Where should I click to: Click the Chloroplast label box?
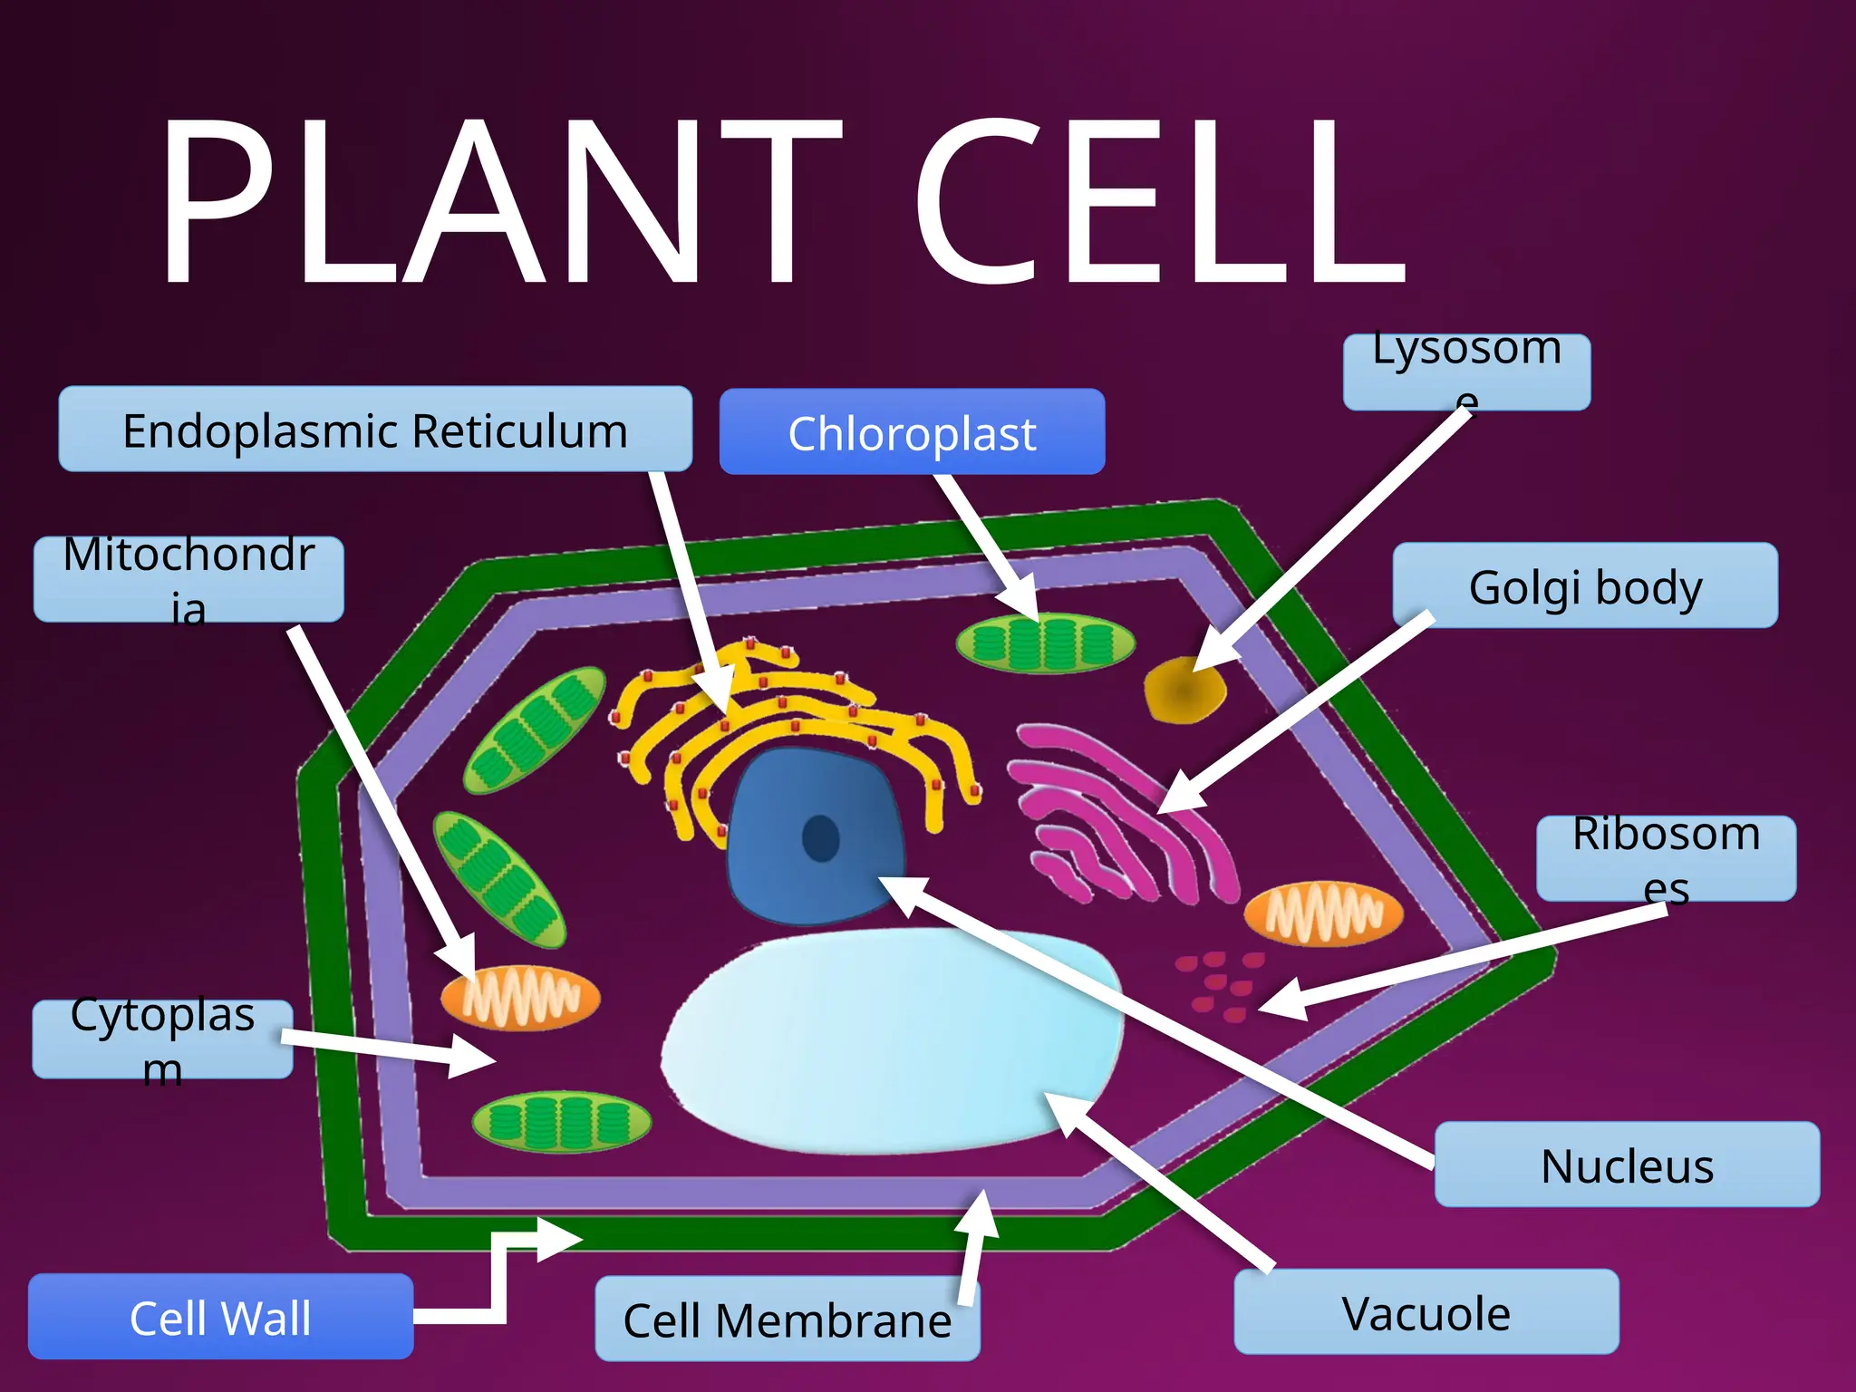[x=912, y=432]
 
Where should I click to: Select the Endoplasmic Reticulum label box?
[x=375, y=430]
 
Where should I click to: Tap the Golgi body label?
[x=1585, y=585]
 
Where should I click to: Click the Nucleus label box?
[x=1627, y=1165]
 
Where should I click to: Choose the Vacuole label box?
[x=1426, y=1311]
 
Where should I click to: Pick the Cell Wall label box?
[x=220, y=1316]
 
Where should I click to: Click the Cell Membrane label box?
[x=787, y=1319]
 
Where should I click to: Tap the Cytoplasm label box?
[x=162, y=1039]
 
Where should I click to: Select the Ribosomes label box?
[x=1666, y=858]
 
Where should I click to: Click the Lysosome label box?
[x=1466, y=372]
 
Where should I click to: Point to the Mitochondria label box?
[x=188, y=579]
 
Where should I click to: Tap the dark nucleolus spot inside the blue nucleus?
[x=821, y=838]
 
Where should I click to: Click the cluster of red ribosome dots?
[x=1219, y=984]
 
